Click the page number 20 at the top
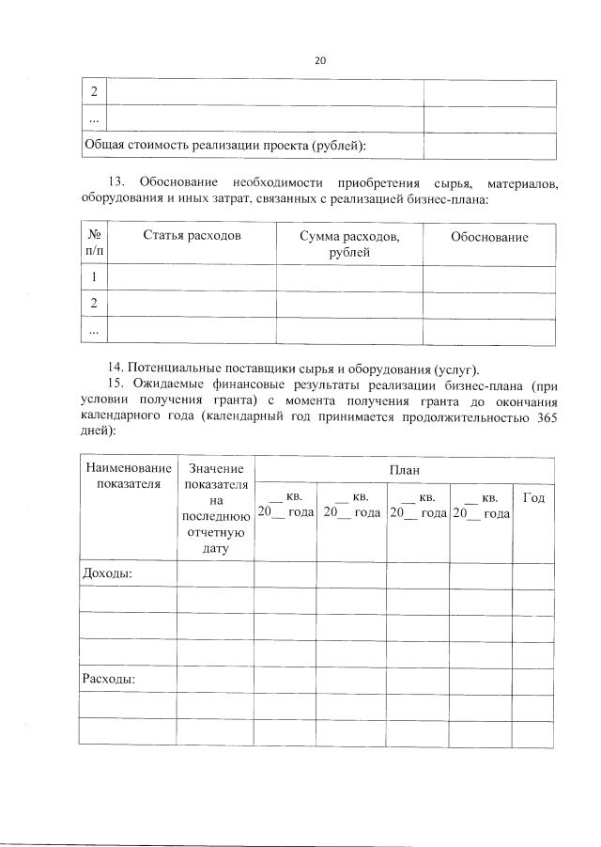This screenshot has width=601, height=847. pyautogui.click(x=319, y=60)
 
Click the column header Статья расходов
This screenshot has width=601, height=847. pyautogui.click(x=192, y=236)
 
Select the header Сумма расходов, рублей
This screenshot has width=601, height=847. pyautogui.click(x=348, y=244)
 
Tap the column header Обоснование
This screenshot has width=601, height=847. pyautogui.click(x=488, y=237)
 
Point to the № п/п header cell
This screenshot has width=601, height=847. pyautogui.click(x=94, y=244)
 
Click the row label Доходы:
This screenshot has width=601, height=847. pyautogui.click(x=108, y=573)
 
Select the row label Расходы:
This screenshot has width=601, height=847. pyautogui.click(x=111, y=677)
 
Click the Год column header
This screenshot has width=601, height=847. pyautogui.click(x=532, y=497)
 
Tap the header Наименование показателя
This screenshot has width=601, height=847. pyautogui.click(x=129, y=476)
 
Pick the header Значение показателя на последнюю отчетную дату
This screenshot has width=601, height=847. pyautogui.click(x=215, y=508)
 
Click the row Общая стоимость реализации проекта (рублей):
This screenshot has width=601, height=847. pyautogui.click(x=225, y=146)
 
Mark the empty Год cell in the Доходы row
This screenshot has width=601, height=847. pyautogui.click(x=532, y=573)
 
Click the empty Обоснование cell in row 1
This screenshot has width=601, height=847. pyautogui.click(x=488, y=277)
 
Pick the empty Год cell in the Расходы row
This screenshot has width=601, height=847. pyautogui.click(x=532, y=678)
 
